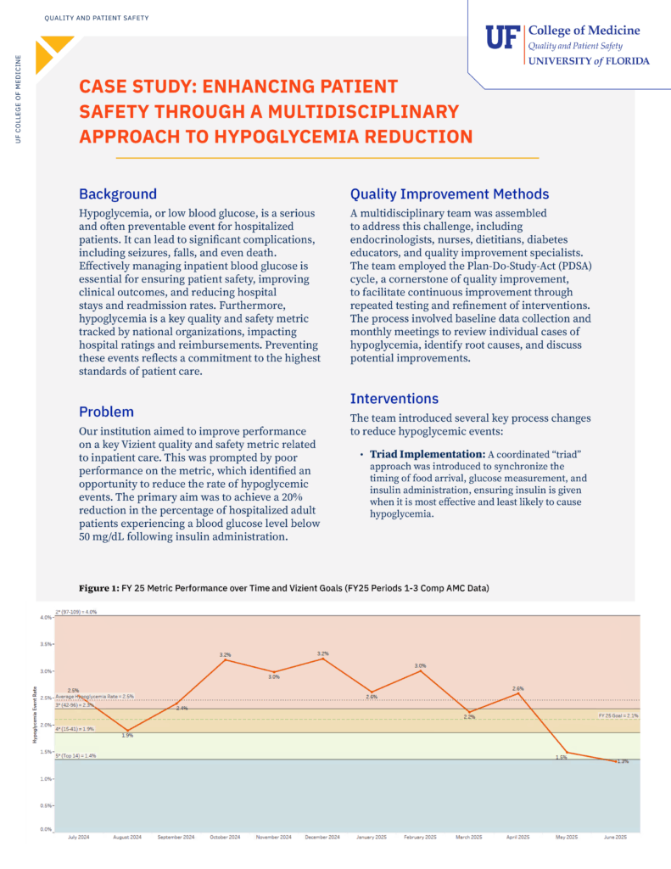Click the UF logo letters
point(503,39)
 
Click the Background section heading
point(118,194)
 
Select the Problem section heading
point(108,412)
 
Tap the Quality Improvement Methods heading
point(450,194)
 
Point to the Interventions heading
point(394,398)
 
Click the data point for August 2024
point(127,731)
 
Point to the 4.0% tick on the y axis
point(45,617)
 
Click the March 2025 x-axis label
point(469,838)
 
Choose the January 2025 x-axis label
point(372,838)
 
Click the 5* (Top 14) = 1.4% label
point(75,754)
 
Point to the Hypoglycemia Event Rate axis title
point(36,726)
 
